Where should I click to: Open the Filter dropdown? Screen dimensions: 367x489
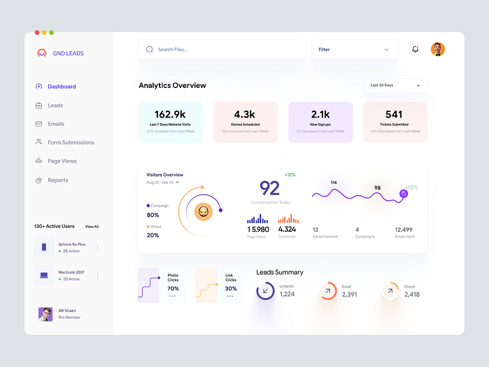(x=354, y=50)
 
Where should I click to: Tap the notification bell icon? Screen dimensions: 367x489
(x=415, y=50)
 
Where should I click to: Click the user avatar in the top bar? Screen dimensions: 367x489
(x=438, y=50)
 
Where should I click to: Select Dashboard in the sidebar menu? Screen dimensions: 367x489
(x=62, y=87)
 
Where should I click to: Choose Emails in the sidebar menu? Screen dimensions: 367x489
(x=56, y=124)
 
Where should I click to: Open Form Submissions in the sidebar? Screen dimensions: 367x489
(x=70, y=143)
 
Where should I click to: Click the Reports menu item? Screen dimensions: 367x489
(x=58, y=181)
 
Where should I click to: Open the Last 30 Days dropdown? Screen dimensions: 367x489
(x=395, y=86)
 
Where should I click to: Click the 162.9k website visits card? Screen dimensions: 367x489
(x=171, y=122)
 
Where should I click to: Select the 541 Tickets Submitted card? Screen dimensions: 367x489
(x=395, y=122)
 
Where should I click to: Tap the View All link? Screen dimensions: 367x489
(x=92, y=227)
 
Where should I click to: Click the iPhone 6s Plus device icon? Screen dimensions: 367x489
(x=44, y=248)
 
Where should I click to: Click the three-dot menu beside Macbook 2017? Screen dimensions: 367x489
(x=97, y=276)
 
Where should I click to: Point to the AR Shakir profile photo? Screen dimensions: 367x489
(x=45, y=314)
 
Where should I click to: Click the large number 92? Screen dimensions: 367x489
(x=270, y=188)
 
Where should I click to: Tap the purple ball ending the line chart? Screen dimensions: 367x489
(x=403, y=194)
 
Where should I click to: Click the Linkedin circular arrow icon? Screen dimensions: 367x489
(x=265, y=291)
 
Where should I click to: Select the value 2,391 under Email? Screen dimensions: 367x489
(x=349, y=295)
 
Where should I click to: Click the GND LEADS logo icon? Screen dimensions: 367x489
(x=42, y=53)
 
